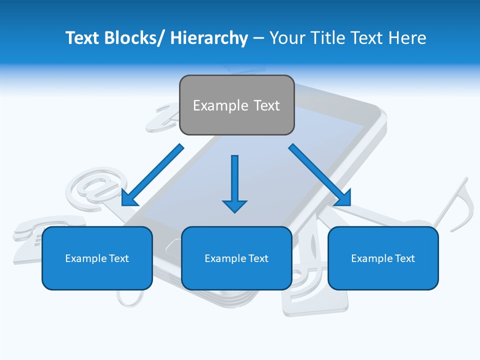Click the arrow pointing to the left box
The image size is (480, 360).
(152, 175)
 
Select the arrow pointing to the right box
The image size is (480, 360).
(320, 175)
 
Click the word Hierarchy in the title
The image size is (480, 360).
(209, 38)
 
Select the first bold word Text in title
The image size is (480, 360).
(82, 38)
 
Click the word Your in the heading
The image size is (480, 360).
(285, 38)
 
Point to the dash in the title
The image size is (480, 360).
(258, 38)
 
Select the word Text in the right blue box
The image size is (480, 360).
(404, 258)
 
